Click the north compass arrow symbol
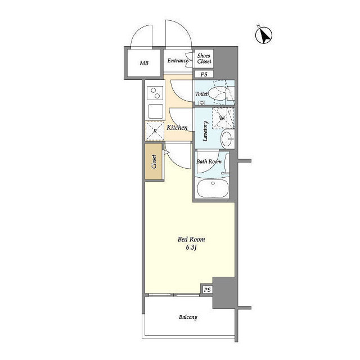tap(264, 35)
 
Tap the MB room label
tap(144, 63)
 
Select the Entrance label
tap(178, 61)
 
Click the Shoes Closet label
tap(204, 58)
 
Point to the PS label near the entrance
tap(204, 74)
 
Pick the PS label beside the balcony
tap(207, 290)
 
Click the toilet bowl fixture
tap(219, 93)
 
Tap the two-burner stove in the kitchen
tap(155, 93)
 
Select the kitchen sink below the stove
tap(156, 111)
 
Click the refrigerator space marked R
tap(155, 131)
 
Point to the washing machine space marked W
tap(222, 119)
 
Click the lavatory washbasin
tap(227, 139)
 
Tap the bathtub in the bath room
tap(213, 188)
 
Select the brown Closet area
tap(154, 161)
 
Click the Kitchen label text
tap(177, 128)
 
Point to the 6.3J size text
tap(191, 247)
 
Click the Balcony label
tap(188, 317)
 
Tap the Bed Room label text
tap(191, 239)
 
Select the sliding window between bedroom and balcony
tap(174, 295)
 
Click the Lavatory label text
tap(205, 131)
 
